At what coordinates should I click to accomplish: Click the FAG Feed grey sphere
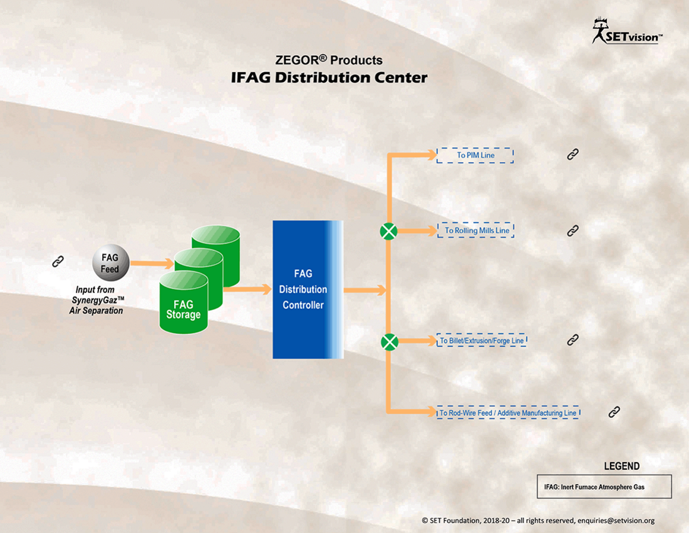(111, 262)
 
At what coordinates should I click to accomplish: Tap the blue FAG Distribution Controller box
(308, 289)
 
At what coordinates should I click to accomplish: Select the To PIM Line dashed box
(475, 155)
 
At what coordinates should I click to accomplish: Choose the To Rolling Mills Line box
(476, 230)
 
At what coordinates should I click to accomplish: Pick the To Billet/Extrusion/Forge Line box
(482, 341)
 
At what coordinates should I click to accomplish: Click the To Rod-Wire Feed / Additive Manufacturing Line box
(509, 413)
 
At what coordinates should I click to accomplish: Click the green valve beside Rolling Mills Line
(388, 231)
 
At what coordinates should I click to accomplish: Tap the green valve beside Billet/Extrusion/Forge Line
(390, 342)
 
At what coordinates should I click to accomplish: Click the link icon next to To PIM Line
(572, 154)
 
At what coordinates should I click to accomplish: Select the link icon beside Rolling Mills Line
(572, 230)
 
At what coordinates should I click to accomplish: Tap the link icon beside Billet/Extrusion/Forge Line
(572, 339)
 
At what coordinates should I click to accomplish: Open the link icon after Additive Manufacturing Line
(614, 411)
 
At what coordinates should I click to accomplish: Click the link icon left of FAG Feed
(58, 261)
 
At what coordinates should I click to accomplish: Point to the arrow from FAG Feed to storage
(152, 263)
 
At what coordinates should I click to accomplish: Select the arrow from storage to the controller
(247, 289)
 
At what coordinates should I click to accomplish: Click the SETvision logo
(627, 31)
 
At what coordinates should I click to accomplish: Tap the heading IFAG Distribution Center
(329, 78)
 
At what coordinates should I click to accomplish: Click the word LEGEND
(621, 466)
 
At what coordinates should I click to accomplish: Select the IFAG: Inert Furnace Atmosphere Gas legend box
(604, 487)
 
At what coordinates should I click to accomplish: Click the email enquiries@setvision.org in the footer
(616, 520)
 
